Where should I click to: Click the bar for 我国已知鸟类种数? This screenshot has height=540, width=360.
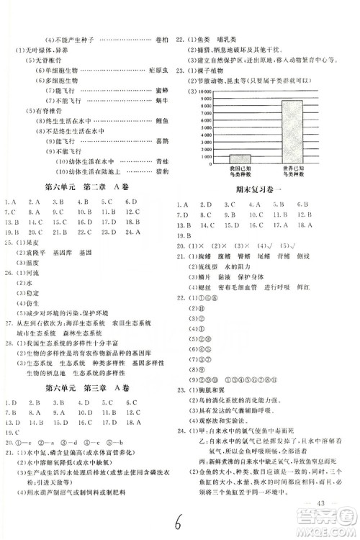(x=240, y=158)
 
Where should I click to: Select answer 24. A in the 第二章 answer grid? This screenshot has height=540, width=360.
(x=131, y=233)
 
